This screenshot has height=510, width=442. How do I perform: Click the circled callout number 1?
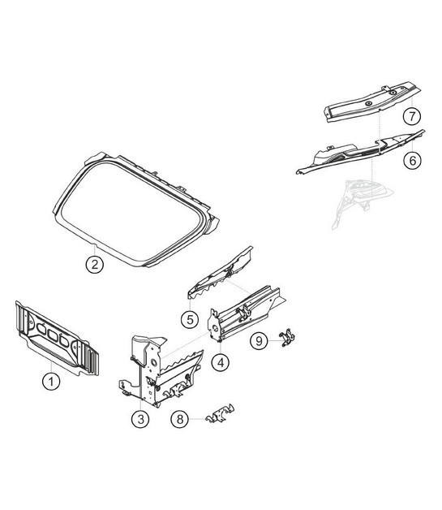click(51, 381)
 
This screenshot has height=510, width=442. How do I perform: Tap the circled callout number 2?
click(95, 264)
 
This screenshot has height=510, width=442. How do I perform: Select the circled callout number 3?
click(140, 419)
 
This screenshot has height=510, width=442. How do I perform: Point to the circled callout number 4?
click(220, 362)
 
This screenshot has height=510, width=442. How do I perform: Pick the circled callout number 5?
click(190, 319)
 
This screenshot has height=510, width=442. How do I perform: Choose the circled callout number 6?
click(413, 160)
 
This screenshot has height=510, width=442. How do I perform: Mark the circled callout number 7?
click(412, 116)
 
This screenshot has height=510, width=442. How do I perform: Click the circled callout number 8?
click(180, 419)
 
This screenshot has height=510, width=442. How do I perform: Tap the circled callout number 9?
click(260, 341)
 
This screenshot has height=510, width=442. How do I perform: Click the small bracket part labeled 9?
click(287, 338)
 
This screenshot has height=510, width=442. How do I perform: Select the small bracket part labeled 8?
click(220, 413)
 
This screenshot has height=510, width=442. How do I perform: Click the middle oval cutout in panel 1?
click(53, 334)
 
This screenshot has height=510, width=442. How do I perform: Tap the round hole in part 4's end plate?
click(215, 327)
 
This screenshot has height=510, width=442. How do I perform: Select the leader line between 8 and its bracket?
click(197, 419)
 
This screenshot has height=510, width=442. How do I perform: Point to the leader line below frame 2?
click(95, 250)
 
